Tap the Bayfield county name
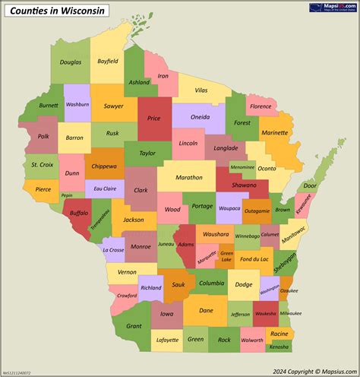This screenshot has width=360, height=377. click(108, 60)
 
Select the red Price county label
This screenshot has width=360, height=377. click(154, 119)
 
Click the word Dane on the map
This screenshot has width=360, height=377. click(205, 310)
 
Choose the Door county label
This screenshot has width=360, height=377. click(310, 185)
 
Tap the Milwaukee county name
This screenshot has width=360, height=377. click(290, 313)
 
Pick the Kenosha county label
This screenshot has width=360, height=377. click(279, 347)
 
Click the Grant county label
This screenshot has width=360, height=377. click(134, 326)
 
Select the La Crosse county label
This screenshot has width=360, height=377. click(113, 249)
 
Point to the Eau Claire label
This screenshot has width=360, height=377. click(104, 188)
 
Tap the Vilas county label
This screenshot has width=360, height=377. click(201, 90)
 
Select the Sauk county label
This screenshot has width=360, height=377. click(178, 284)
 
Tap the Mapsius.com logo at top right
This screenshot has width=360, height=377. click(333, 8)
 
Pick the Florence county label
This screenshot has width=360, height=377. click(261, 106)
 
